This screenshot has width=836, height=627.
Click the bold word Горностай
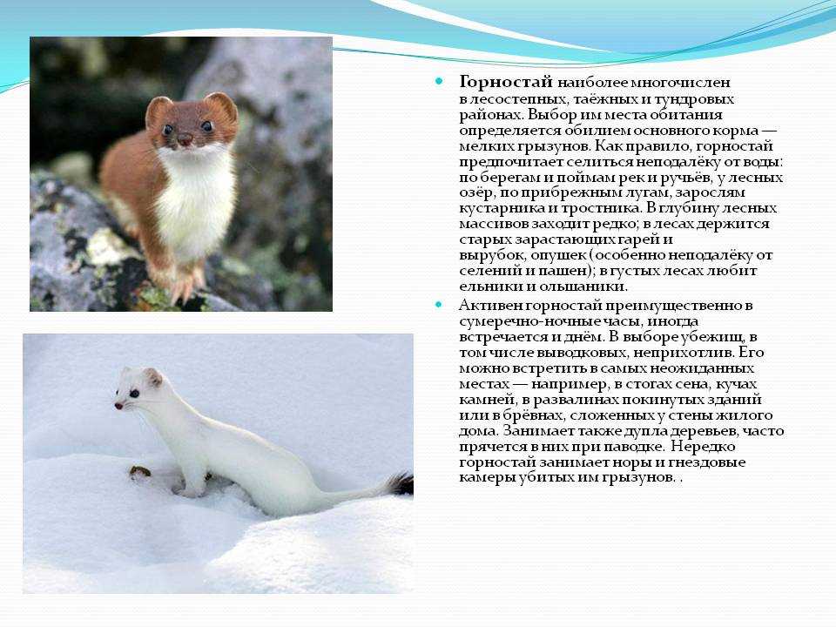click(x=505, y=83)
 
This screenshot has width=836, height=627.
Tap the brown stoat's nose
click(x=185, y=140)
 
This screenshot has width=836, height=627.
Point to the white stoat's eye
click(x=133, y=394)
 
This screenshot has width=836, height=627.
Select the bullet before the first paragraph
click(x=439, y=82)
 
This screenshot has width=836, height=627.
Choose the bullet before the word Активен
click(x=439, y=305)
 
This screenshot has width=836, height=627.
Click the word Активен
click(x=490, y=306)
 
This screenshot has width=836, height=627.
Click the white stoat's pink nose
click(x=118, y=406)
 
